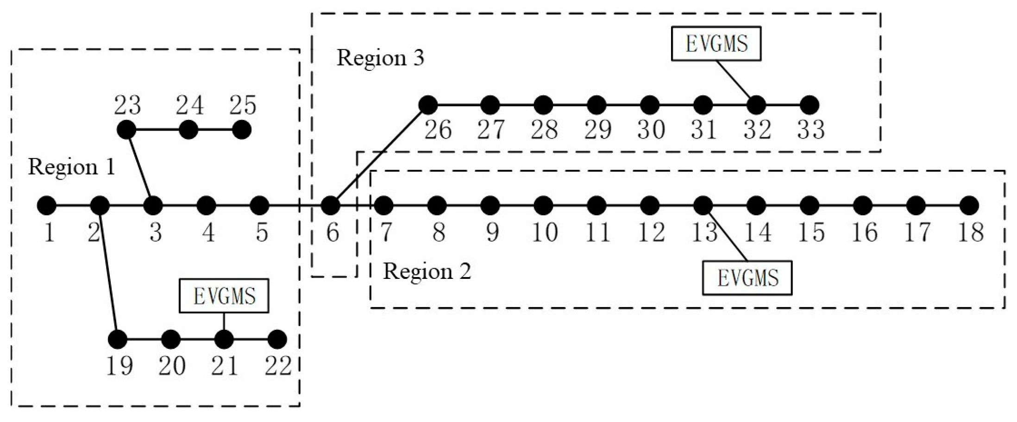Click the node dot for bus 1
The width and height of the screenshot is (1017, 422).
tap(47, 205)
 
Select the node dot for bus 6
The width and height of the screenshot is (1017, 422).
tap(331, 205)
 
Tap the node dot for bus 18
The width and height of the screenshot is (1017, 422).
tap(969, 205)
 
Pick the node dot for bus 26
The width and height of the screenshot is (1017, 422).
tap(428, 105)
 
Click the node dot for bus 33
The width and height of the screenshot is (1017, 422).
tap(810, 105)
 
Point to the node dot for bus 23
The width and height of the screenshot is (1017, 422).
tap(126, 130)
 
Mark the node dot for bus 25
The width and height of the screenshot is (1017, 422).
tap(241, 130)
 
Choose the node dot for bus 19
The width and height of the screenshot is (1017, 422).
tap(118, 340)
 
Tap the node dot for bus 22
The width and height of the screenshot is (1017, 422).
tap(277, 340)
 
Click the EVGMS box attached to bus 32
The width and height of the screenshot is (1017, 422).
tap(716, 44)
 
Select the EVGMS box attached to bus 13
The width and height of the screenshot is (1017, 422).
tap(747, 278)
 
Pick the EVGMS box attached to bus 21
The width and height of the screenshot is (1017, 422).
tap(224, 296)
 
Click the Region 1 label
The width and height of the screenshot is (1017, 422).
tap(71, 167)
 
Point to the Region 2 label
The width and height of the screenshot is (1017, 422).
tap(427, 271)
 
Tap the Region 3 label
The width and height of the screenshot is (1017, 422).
tap(380, 58)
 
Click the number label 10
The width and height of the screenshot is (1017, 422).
tap(544, 232)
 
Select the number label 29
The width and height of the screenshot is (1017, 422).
tap(597, 130)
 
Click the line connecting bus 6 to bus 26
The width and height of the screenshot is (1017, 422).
tap(380, 155)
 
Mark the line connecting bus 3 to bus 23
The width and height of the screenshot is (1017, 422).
tap(139, 168)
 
